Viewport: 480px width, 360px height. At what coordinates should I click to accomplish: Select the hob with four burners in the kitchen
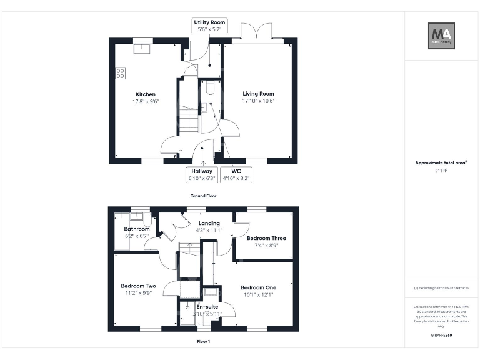click(x=121, y=74)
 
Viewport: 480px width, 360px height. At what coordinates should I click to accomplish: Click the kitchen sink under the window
click(x=143, y=45)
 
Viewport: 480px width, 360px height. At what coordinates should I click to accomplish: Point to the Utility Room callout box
click(x=209, y=26)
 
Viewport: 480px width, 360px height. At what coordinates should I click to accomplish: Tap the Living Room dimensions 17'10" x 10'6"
click(x=259, y=101)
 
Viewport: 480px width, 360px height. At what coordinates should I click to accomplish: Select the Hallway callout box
click(x=201, y=174)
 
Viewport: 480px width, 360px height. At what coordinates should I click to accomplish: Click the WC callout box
click(x=236, y=174)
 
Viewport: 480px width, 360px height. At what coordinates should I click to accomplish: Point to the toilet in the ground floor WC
click(x=210, y=89)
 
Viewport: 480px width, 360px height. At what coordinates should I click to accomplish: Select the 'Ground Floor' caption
click(x=203, y=196)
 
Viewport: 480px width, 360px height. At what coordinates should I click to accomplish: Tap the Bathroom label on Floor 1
click(x=136, y=229)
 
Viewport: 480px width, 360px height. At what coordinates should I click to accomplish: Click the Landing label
click(x=209, y=223)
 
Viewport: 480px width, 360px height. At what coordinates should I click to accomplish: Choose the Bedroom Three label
click(x=266, y=238)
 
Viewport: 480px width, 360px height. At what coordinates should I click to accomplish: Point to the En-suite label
click(x=207, y=307)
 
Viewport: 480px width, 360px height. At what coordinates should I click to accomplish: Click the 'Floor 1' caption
click(x=203, y=342)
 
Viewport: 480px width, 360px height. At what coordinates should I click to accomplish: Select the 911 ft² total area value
click(x=441, y=170)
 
